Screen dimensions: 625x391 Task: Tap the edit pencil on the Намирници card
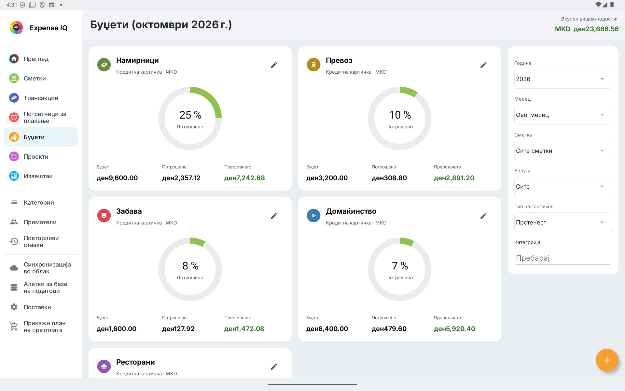[274, 65]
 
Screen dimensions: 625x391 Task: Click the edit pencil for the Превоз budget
[483, 65]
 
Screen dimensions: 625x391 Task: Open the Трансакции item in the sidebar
[41, 98]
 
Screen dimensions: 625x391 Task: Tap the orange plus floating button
[607, 360]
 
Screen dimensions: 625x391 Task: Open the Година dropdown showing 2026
[563, 79]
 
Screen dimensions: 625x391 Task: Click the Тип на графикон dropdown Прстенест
[563, 222]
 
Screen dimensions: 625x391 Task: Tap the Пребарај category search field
[563, 258]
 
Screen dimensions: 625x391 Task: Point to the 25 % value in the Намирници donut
[190, 115]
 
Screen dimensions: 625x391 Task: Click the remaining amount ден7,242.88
[244, 178]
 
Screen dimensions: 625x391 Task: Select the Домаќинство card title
[351, 211]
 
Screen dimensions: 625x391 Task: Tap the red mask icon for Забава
[104, 216]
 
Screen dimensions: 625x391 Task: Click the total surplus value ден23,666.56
[596, 29]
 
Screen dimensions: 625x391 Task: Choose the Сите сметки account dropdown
[563, 151]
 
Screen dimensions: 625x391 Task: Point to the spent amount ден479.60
[389, 329]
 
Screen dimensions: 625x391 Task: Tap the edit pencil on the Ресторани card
[274, 367]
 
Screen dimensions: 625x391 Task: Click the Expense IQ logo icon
[16, 28]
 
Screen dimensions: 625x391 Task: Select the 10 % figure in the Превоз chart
[400, 115]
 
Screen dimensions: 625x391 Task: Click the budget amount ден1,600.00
[117, 329]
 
